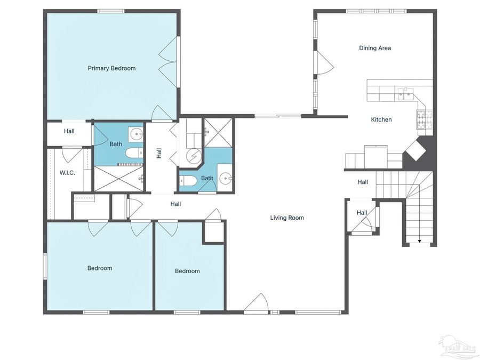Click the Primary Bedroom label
[x=111, y=68]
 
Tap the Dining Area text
[x=375, y=48]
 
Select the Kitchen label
[x=381, y=119]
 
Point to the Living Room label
[x=287, y=218]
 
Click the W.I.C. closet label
[x=67, y=172]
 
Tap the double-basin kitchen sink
[x=405, y=94]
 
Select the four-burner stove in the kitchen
[x=425, y=119]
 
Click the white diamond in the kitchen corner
[x=417, y=150]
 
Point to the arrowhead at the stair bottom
[x=419, y=242]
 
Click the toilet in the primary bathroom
[x=134, y=154]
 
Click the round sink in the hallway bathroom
[x=225, y=179]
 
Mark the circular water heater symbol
[x=193, y=156]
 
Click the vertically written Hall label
[x=159, y=154]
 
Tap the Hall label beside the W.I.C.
[x=69, y=131]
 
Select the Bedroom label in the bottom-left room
[x=100, y=268]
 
